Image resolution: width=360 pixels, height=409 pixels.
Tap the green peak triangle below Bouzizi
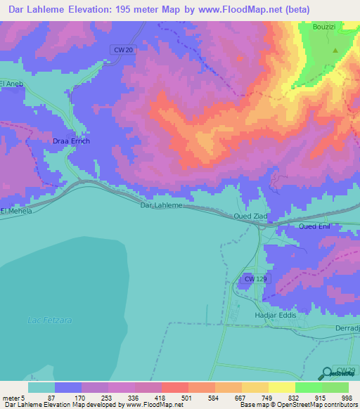pyautogui.click(x=335, y=51)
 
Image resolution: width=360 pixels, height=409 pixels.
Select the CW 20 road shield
pyautogui.click(x=122, y=48)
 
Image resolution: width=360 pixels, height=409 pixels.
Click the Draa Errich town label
pyautogui.click(x=71, y=141)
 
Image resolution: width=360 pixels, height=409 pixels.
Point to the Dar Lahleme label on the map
pyautogui.click(x=162, y=205)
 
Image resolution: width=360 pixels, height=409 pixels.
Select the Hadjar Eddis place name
pyautogui.click(x=277, y=316)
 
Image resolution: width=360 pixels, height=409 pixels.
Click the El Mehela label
pyautogui.click(x=17, y=211)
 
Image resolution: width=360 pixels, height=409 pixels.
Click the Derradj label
pyautogui.click(x=345, y=327)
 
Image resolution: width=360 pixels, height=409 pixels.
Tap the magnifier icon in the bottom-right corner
pyautogui.click(x=326, y=375)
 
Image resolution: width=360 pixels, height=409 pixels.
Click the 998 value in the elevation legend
pyautogui.click(x=346, y=398)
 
